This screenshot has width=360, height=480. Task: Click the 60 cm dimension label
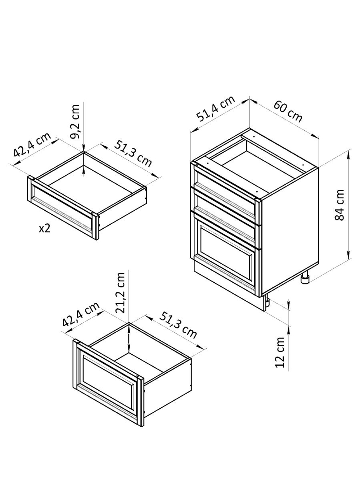pyautogui.click(x=288, y=111)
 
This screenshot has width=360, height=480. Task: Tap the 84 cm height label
pyautogui.click(x=340, y=205)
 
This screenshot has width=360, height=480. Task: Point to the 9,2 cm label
pyautogui.click(x=75, y=122)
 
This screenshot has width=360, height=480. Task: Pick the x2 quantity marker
pyautogui.click(x=45, y=229)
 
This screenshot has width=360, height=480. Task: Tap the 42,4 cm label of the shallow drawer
pyautogui.click(x=32, y=144)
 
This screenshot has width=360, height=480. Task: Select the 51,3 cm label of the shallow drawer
pyautogui.click(x=133, y=154)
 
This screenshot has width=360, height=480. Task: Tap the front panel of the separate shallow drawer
pyautogui.click(x=63, y=208)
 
